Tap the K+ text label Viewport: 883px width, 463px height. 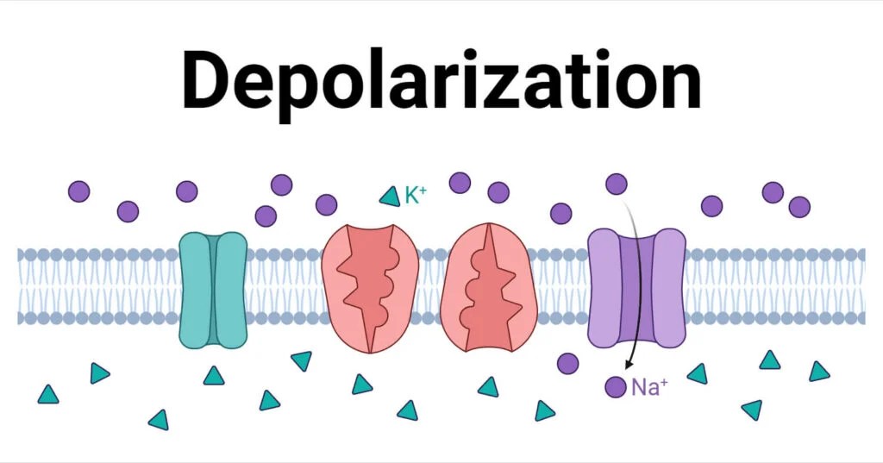(416, 196)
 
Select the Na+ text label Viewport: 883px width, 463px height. (649, 387)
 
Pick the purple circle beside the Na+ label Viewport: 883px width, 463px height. (615, 387)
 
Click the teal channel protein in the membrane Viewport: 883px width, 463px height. (212, 289)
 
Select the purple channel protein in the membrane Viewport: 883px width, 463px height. (636, 288)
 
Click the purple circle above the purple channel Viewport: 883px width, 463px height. (617, 184)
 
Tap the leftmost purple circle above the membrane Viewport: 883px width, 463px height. (78, 191)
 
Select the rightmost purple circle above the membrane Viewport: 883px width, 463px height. (799, 207)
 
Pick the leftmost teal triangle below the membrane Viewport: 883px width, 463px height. (48, 395)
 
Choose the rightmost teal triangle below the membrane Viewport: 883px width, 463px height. (819, 372)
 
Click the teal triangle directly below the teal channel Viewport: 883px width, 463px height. (213, 375)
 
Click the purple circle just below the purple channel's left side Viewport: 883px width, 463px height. (567, 363)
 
